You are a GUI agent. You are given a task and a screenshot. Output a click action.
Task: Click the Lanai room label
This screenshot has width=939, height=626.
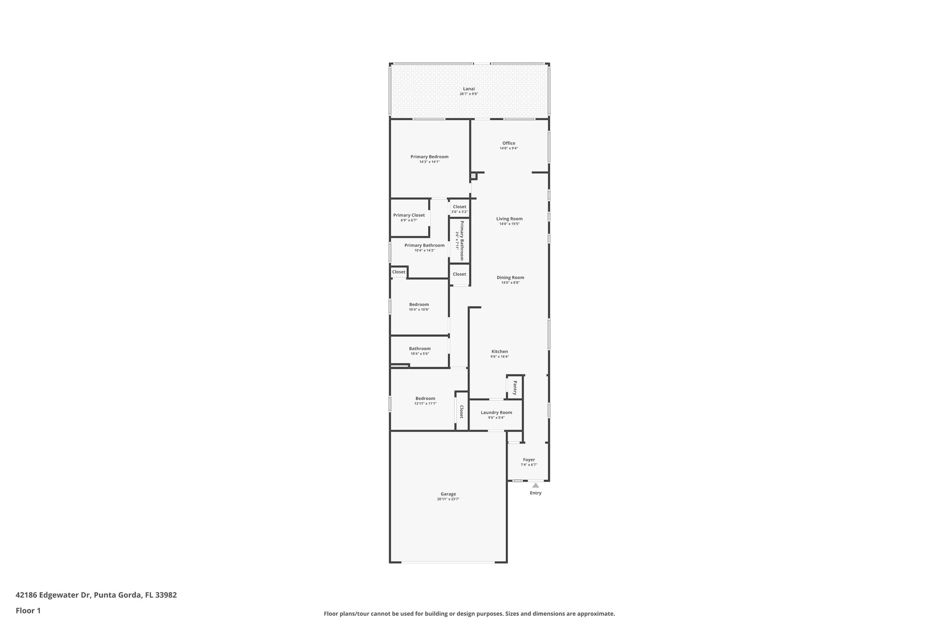(469, 89)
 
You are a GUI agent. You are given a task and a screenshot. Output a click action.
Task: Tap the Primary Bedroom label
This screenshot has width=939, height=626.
(429, 157)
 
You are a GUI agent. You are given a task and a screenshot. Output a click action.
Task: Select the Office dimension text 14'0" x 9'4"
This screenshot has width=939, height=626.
(508, 148)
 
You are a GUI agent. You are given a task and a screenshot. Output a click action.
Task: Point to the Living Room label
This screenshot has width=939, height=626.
(509, 219)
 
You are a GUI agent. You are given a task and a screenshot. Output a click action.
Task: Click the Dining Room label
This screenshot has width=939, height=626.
(510, 277)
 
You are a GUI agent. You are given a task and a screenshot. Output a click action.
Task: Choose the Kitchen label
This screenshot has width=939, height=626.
(499, 352)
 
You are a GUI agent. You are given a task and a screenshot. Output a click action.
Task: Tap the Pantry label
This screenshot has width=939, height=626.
(515, 388)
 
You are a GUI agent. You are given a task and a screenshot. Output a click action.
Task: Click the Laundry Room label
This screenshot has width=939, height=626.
(496, 413)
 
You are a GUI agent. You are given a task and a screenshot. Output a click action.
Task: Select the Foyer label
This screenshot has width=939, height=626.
(529, 460)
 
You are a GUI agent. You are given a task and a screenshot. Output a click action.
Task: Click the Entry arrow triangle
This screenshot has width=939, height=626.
(536, 485)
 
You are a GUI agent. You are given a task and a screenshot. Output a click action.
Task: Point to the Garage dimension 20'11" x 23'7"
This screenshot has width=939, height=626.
(448, 499)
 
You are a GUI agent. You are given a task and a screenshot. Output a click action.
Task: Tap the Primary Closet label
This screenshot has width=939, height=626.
(409, 215)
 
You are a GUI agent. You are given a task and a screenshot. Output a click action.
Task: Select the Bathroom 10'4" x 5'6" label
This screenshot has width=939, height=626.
(420, 349)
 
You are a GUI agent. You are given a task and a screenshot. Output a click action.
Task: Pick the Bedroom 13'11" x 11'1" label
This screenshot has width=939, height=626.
(425, 399)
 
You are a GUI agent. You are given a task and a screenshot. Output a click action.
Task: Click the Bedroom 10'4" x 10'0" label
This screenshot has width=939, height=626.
(419, 305)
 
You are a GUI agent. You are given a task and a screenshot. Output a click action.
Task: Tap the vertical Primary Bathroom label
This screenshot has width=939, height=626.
(462, 240)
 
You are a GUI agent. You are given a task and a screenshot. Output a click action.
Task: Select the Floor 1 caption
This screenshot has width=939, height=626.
(28, 611)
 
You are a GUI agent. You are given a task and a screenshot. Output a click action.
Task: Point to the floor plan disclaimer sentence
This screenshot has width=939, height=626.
(469, 614)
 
